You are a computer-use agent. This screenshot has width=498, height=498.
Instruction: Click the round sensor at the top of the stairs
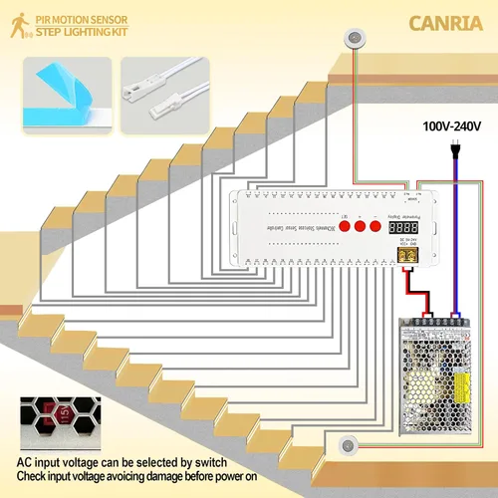tap(354, 39)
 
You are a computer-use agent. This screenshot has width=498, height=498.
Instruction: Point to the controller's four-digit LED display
tap(403, 226)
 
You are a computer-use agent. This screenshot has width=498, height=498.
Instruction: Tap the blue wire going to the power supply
tap(456, 249)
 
